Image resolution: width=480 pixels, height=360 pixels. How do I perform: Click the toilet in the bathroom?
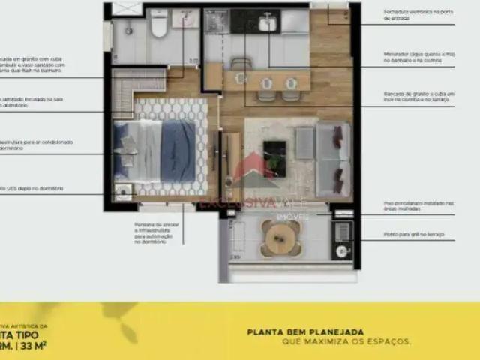pos(158,27)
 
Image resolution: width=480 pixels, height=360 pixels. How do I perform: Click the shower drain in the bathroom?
pos(129,31)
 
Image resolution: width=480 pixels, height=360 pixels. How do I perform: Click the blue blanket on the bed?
pos(178,150)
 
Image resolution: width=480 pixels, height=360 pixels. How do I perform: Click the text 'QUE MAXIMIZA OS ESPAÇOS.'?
pos(346,341)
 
